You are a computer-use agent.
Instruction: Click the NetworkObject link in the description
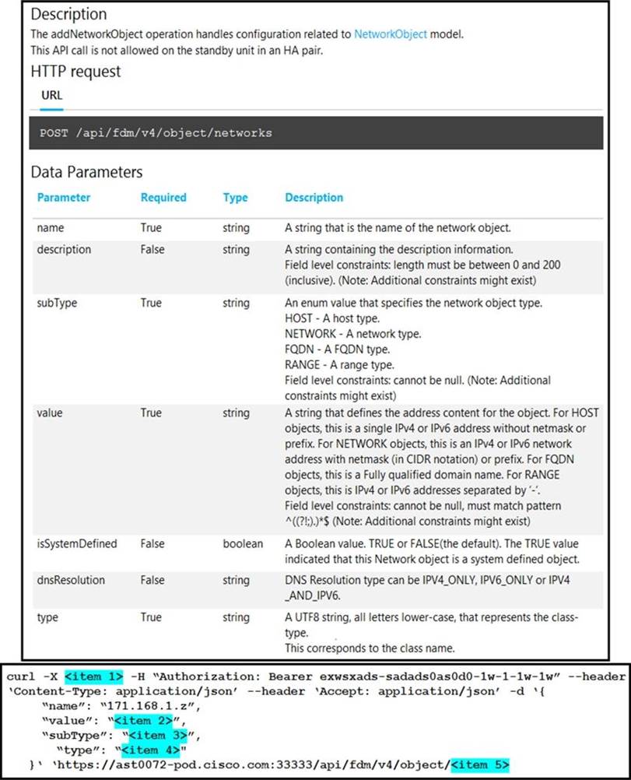click(390, 34)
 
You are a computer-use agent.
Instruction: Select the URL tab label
click(51, 96)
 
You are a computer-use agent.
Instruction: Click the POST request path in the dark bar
click(156, 132)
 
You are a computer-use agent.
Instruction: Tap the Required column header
click(163, 198)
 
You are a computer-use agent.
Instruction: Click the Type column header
click(235, 198)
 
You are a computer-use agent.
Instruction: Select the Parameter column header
click(64, 198)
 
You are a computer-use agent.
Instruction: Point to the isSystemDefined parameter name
click(77, 543)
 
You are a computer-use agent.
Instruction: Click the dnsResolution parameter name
click(71, 580)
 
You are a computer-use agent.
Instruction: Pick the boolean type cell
click(243, 543)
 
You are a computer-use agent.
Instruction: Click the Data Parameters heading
click(86, 172)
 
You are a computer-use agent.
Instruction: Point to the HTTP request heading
click(75, 72)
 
